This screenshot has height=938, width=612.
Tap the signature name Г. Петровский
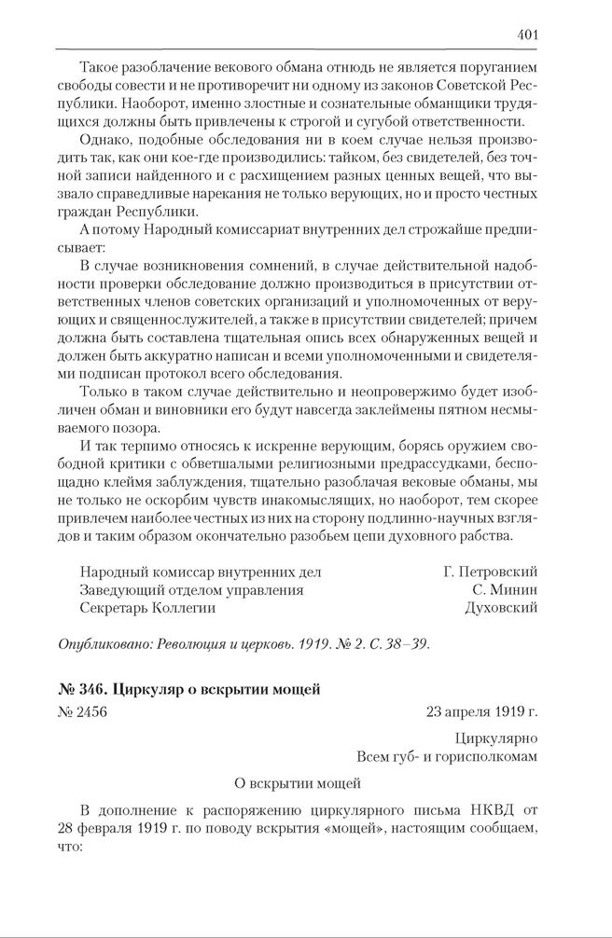tap(491, 572)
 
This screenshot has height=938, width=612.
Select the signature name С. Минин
tap(506, 589)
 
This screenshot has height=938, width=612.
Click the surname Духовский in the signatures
tap(501, 607)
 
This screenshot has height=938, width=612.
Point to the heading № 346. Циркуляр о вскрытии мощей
tap(189, 690)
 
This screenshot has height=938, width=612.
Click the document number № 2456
tap(83, 711)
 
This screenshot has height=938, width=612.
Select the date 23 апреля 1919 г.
tap(481, 711)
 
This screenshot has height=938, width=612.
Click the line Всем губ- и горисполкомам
tap(447, 756)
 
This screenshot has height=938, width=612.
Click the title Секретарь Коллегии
tap(147, 607)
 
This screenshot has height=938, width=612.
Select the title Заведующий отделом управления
tap(191, 589)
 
